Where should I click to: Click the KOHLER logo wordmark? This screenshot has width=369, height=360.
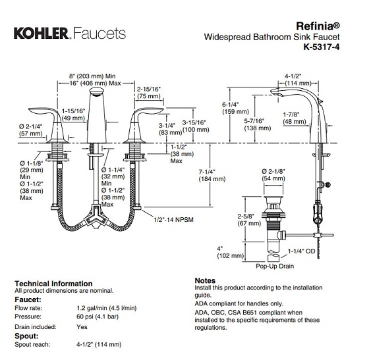pos(41,33)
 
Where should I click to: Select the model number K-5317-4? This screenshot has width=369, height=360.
pos(322,47)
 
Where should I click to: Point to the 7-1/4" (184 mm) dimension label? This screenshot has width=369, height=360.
pos(212,175)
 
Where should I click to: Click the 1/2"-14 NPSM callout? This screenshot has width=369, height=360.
pos(173,219)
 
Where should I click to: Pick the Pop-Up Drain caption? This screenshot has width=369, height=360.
pos(275,266)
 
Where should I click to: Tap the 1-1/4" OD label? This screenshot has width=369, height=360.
pos(301,251)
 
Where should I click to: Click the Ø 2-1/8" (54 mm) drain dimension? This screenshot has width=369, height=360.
pos(273,175)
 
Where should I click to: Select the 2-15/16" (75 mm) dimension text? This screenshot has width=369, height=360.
pos(149,93)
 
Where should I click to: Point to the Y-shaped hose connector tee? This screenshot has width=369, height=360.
pos(96,217)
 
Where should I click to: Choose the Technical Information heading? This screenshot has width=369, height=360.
pos(53,284)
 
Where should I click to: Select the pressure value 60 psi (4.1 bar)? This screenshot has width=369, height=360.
pos(98,317)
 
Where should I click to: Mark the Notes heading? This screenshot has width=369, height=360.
pos(205,280)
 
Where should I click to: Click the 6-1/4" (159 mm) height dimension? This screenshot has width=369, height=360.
pos(235,108)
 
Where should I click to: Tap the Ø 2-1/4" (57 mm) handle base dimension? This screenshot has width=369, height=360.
pos(31,130)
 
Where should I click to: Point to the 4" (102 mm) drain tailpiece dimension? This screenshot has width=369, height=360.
pos(230,252)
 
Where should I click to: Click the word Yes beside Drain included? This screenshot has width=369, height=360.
pos(82,327)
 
